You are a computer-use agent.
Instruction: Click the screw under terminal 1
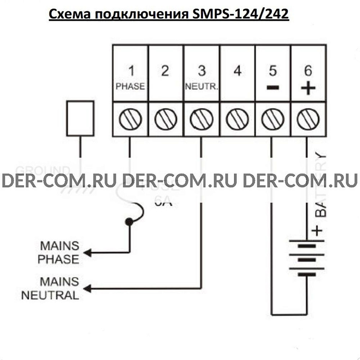click(x=130, y=119)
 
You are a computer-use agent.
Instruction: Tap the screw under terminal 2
click(x=166, y=119)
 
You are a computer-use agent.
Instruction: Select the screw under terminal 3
click(x=201, y=119)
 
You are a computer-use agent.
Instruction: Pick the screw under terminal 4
click(x=237, y=119)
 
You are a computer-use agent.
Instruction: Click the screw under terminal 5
click(x=273, y=119)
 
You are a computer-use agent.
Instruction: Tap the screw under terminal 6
click(x=308, y=119)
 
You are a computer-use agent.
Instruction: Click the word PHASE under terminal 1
click(x=130, y=86)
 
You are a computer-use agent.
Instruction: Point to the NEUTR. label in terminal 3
click(x=201, y=86)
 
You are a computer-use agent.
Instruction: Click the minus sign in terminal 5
click(x=273, y=87)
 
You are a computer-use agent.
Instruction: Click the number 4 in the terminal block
click(x=238, y=71)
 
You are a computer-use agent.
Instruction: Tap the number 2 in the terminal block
click(x=166, y=71)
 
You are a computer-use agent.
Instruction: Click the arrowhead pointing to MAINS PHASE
click(x=88, y=252)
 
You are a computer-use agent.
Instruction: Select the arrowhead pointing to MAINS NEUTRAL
click(x=88, y=288)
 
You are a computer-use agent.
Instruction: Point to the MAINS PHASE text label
click(x=59, y=252)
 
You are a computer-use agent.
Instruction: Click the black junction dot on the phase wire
click(x=129, y=222)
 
